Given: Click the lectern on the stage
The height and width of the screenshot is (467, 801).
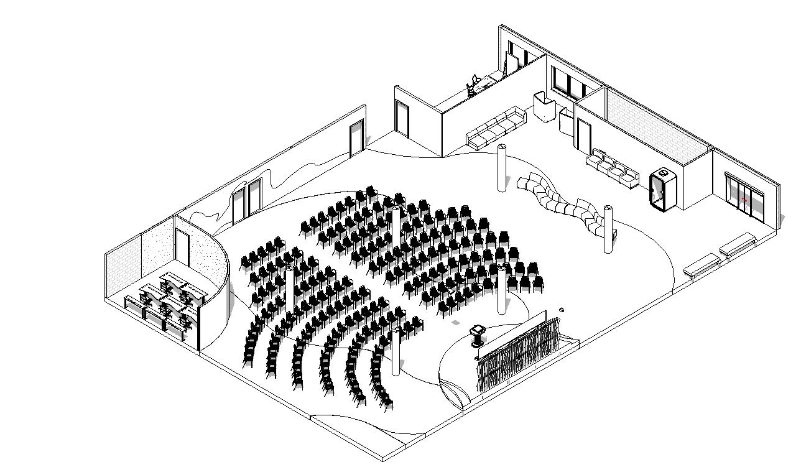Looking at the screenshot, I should click(x=478, y=335).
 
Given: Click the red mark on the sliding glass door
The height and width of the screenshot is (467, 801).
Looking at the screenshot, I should click(x=744, y=200).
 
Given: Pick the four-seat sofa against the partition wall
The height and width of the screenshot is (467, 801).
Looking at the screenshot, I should click(x=496, y=128).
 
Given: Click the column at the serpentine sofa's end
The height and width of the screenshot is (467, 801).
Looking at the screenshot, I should click(x=608, y=229).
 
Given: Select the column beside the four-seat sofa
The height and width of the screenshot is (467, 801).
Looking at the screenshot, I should click(x=502, y=167).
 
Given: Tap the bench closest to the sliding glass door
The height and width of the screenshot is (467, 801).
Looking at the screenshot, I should click(x=738, y=245).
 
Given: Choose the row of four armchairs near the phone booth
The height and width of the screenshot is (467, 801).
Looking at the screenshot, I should click(x=613, y=167).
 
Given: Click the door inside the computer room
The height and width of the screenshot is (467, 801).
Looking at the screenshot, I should click(x=182, y=249).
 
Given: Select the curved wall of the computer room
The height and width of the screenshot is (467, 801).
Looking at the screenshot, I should click(x=215, y=280).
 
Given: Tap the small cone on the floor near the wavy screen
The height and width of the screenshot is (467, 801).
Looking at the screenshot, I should click(x=562, y=309).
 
